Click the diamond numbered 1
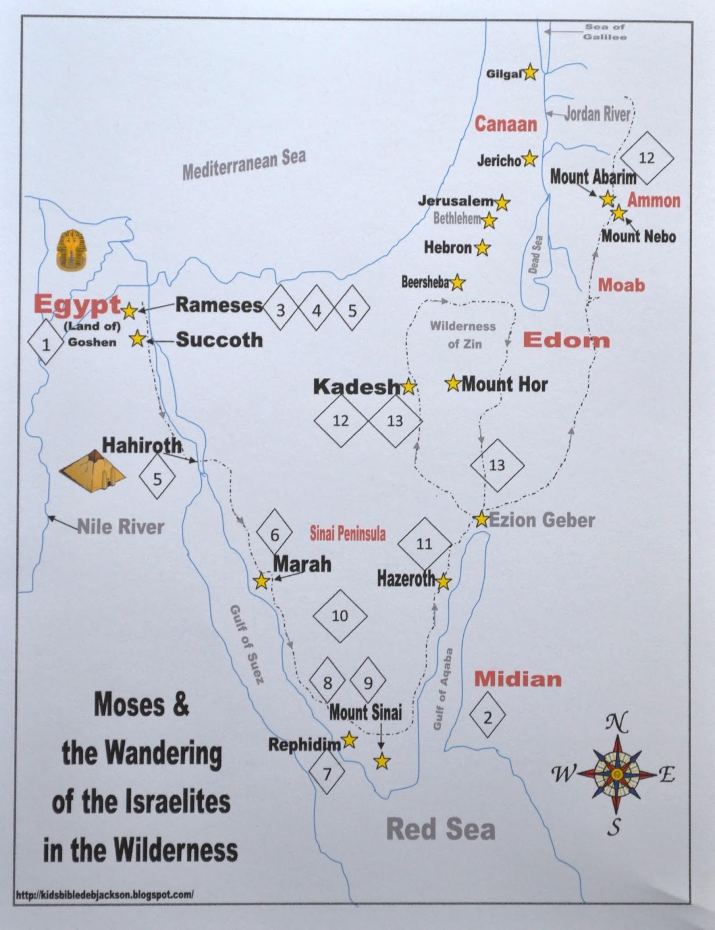46,345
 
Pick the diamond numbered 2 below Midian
488,717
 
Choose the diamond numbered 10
340,616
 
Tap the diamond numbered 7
327,774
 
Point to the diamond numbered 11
424,543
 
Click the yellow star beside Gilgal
530,73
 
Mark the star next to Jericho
530,159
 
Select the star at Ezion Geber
481,519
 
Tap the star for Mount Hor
453,384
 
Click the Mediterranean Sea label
244,164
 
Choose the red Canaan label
506,124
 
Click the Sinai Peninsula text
348,534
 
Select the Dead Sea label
535,255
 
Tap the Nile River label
121,527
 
